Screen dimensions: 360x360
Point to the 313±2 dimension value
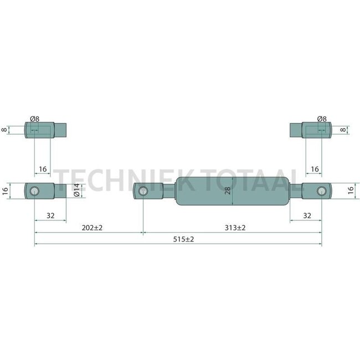pyautogui.click(x=235, y=228)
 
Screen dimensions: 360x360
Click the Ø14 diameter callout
pyautogui.click(x=76, y=191)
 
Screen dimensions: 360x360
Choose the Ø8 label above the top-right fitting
pyautogui.click(x=322, y=119)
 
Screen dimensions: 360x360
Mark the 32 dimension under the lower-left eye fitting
pyautogui.click(x=50, y=216)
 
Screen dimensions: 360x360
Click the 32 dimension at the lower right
pyautogui.click(x=306, y=216)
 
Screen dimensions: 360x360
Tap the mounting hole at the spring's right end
pyautogui.click(x=321, y=191)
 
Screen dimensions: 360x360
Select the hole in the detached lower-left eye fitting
pyautogui.click(x=34, y=192)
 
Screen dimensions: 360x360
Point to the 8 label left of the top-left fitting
pyautogui.click(x=4, y=130)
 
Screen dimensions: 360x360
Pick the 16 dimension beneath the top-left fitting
pyautogui.click(x=43, y=169)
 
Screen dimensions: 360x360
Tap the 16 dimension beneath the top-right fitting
pyautogui.click(x=314, y=169)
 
